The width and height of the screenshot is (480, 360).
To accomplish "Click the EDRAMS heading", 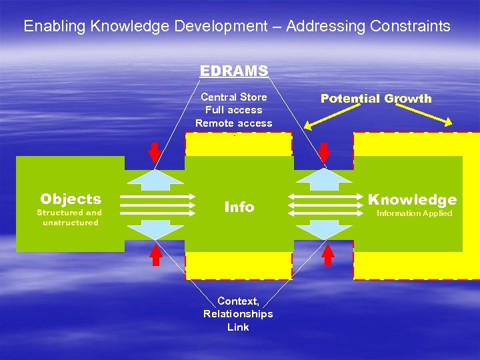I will coord(234,71).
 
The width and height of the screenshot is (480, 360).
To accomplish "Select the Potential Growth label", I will coord(376,99).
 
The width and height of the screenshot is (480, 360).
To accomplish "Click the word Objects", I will coord(71,199).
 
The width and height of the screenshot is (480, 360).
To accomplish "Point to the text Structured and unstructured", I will coord(69,217).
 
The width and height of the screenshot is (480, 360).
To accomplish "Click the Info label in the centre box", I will coord(239,207).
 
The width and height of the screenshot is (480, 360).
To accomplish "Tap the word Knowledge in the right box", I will coord(413,199).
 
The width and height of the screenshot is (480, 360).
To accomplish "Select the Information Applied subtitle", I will coord(414,213).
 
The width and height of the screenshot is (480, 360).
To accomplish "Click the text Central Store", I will coord(234,97).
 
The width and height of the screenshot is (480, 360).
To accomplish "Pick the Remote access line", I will coord(234,123).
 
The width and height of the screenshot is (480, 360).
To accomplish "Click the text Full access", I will coord(234,110).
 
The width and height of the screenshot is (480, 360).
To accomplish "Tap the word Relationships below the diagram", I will coord(238,314).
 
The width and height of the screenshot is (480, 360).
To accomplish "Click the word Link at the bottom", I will coord(238,327).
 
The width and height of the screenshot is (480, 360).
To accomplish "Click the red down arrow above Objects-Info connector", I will coord(154,153).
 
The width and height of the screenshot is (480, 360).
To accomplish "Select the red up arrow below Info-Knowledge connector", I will coord(328,254).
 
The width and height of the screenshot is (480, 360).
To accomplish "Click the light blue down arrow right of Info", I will coord(325,230).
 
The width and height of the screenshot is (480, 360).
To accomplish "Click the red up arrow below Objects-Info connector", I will coord(156,254).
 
